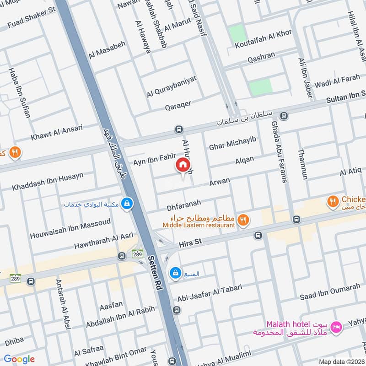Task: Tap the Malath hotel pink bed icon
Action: point(336,326)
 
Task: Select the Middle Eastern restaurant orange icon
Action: point(243,220)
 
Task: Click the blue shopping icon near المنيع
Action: point(174,274)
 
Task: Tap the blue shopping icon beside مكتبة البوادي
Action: point(127,204)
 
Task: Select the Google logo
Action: point(19,359)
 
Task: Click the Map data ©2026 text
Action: point(340,361)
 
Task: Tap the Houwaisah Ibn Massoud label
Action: point(70,229)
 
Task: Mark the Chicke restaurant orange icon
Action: point(333,200)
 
